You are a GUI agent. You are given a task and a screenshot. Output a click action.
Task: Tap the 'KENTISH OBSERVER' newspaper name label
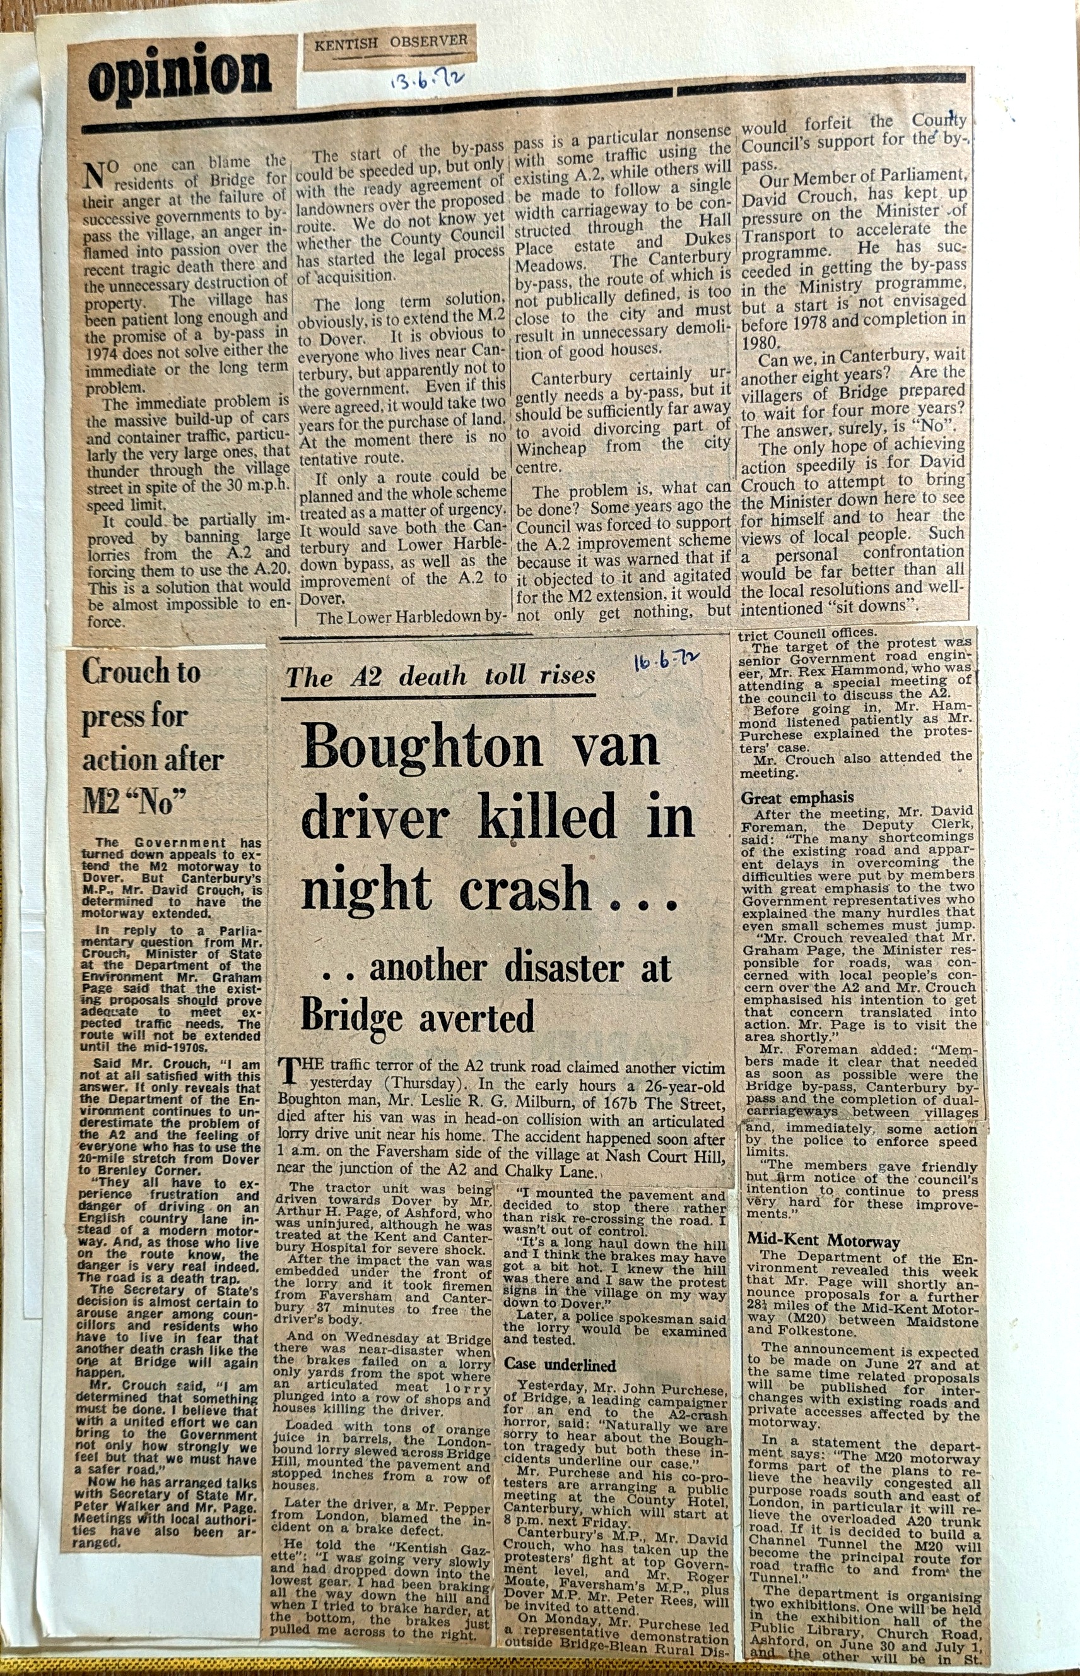390,44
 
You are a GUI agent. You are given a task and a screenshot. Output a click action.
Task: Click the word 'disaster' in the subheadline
564,969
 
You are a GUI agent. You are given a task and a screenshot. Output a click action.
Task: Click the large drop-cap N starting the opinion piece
94,175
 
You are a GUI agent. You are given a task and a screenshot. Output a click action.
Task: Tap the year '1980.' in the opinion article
760,342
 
